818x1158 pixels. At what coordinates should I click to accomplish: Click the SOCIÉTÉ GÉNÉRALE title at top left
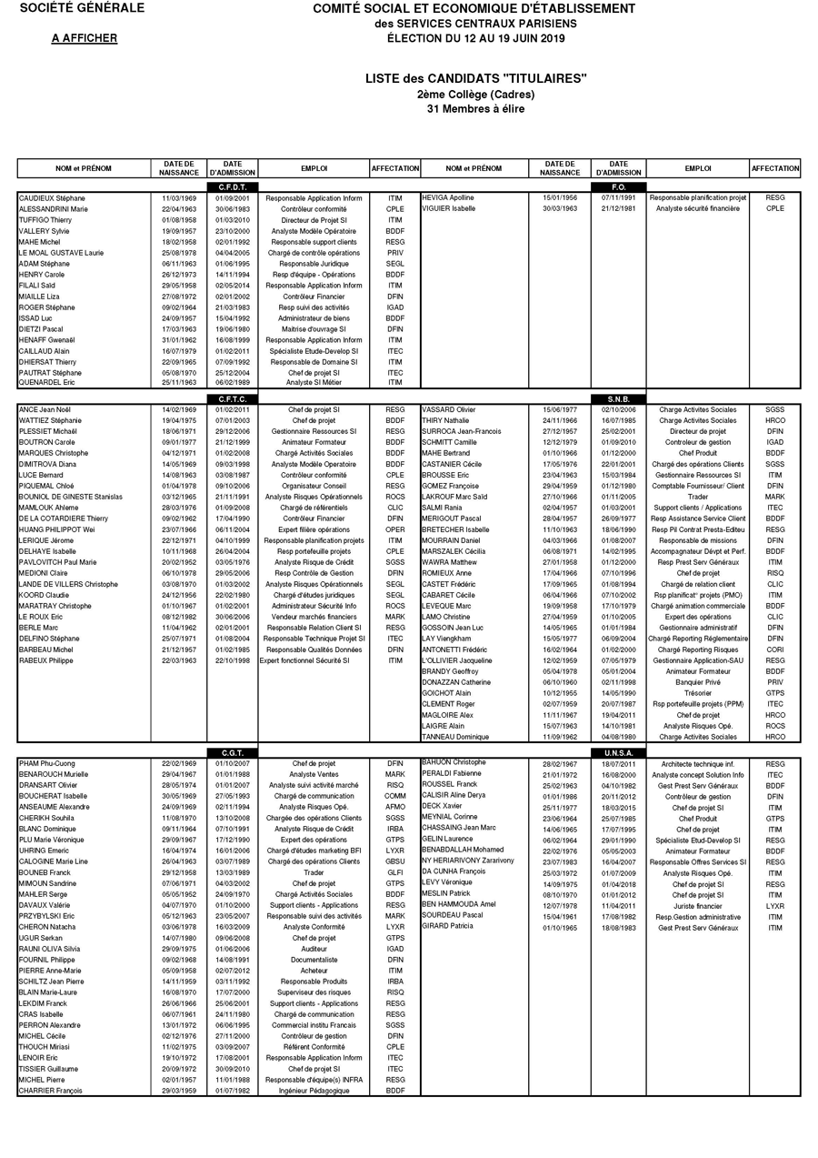[82, 8]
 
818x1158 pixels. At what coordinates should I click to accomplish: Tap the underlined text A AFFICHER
[84, 38]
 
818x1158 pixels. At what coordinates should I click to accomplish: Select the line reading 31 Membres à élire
[475, 109]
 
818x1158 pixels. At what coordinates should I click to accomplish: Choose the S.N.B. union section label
[619, 399]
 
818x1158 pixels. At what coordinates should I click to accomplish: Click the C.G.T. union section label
[234, 753]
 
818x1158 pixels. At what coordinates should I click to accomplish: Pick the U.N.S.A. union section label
[619, 753]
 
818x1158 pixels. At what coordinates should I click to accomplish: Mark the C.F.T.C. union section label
[234, 399]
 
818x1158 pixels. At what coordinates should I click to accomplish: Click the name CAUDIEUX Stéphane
[52, 198]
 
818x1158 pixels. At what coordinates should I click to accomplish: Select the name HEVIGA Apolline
[448, 198]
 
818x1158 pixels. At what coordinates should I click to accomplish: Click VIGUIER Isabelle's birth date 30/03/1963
[560, 208]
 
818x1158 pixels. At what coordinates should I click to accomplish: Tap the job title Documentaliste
[314, 959]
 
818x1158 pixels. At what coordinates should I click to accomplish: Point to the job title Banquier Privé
[698, 681]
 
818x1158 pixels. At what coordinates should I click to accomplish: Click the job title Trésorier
[698, 692]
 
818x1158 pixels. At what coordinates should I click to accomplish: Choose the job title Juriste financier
[698, 906]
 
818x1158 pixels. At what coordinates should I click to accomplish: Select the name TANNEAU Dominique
[455, 737]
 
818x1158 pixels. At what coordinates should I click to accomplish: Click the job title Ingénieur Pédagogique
[314, 1090]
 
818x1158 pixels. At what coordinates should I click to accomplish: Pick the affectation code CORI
[774, 649]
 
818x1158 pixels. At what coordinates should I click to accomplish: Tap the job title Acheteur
[314, 971]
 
